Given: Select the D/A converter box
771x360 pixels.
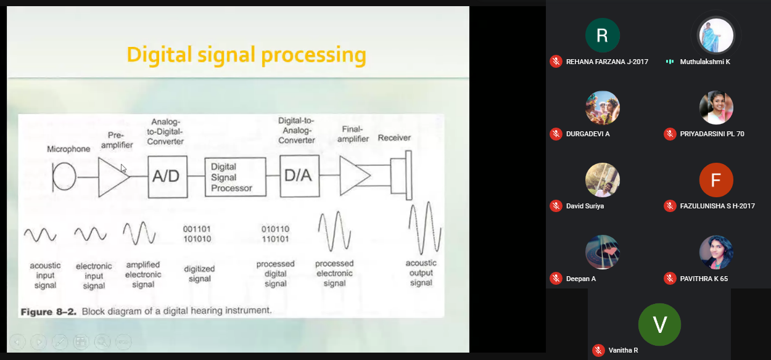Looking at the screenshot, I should point(299,176).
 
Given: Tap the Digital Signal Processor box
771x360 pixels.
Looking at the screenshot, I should point(235,177).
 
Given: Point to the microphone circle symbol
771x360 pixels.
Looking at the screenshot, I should point(64,177).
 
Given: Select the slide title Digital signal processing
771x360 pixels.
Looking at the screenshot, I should point(246,55).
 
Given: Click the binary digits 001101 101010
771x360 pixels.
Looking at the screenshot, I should point(198,234).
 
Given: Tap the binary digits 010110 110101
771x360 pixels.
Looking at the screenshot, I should point(275,234).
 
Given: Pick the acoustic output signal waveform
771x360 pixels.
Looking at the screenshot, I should point(424,229).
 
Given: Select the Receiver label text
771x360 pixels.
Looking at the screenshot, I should point(394,137).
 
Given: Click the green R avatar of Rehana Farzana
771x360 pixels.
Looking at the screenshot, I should point(603,35).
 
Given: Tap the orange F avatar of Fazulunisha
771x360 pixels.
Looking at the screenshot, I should point(716,180).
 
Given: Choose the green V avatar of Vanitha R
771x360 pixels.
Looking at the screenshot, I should point(659,324).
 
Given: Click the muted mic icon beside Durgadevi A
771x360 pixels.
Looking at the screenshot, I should point(556,134).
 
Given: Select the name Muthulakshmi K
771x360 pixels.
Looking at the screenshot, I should point(705,62).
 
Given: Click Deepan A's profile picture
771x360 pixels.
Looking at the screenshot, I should point(603,252).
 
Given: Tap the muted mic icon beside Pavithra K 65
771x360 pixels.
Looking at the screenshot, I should point(670,279).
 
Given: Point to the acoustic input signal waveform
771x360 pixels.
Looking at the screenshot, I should point(40,234).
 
